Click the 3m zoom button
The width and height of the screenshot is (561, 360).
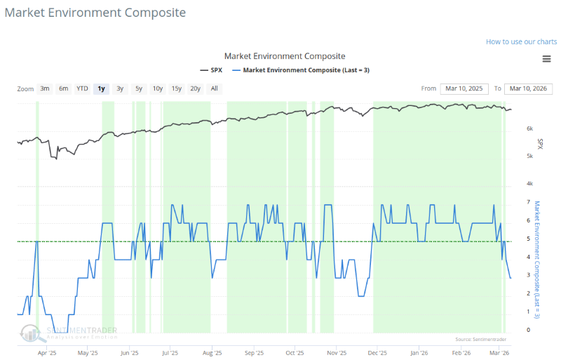45,88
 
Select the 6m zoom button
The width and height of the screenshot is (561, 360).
64,88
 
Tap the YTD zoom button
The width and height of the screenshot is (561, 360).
82,88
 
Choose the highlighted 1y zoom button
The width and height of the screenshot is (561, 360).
102,88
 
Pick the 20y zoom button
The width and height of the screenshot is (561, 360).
195,88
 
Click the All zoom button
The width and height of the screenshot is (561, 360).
214,88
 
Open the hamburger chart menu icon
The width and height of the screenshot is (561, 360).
546,58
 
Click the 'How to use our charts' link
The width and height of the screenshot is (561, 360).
521,41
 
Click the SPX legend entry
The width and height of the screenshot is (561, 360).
213,70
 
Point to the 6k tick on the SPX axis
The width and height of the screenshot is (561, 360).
530,129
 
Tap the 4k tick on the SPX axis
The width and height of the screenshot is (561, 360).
530,184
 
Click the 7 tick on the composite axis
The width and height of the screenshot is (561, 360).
527,202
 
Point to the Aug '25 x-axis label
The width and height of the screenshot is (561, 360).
211,354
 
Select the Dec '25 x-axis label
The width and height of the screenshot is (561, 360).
378,354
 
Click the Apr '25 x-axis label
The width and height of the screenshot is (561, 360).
46,354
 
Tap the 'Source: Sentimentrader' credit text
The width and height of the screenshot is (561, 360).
480,339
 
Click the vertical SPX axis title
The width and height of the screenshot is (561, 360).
540,143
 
